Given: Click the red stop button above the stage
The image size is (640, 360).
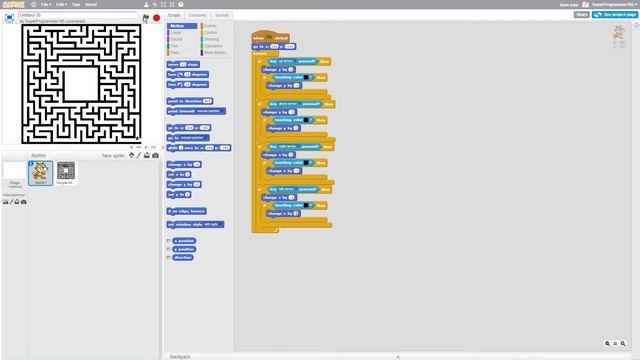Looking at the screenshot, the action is (157, 17).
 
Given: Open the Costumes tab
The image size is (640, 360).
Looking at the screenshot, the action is (198, 15).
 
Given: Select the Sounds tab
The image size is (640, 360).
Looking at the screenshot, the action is (222, 15).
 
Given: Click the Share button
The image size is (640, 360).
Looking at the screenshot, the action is (581, 15).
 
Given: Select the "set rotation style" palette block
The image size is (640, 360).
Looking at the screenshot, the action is (194, 224).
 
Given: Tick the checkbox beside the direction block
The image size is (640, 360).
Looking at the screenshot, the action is (169, 257).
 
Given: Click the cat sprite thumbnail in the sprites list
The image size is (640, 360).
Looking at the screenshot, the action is (41, 174).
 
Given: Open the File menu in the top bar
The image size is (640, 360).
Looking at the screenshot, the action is (46, 4).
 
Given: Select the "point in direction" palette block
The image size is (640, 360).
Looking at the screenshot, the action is (189, 101).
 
